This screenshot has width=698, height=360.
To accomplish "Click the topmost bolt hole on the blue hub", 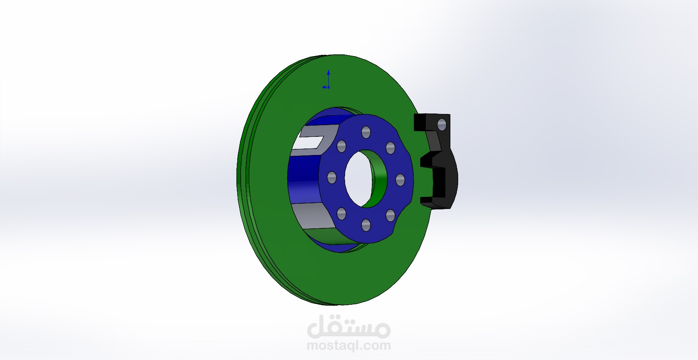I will point(366,131).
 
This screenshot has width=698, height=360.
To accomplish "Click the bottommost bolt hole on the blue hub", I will point(366,224).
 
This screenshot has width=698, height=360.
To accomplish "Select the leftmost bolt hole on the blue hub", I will point(332,177).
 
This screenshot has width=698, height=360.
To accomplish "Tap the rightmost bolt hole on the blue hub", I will point(400,180).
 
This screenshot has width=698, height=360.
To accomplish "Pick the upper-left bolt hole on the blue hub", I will point(341,146).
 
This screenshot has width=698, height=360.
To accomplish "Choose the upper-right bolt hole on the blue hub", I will point(390,148).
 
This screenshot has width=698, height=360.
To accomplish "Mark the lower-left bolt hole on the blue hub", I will point(342,213).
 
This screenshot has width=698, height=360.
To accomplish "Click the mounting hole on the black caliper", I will point(441,125).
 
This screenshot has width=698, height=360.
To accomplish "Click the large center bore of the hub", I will point(357,177).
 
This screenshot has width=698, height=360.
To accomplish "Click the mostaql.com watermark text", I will point(349,346).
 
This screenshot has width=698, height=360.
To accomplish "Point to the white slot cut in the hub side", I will point(310,141).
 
